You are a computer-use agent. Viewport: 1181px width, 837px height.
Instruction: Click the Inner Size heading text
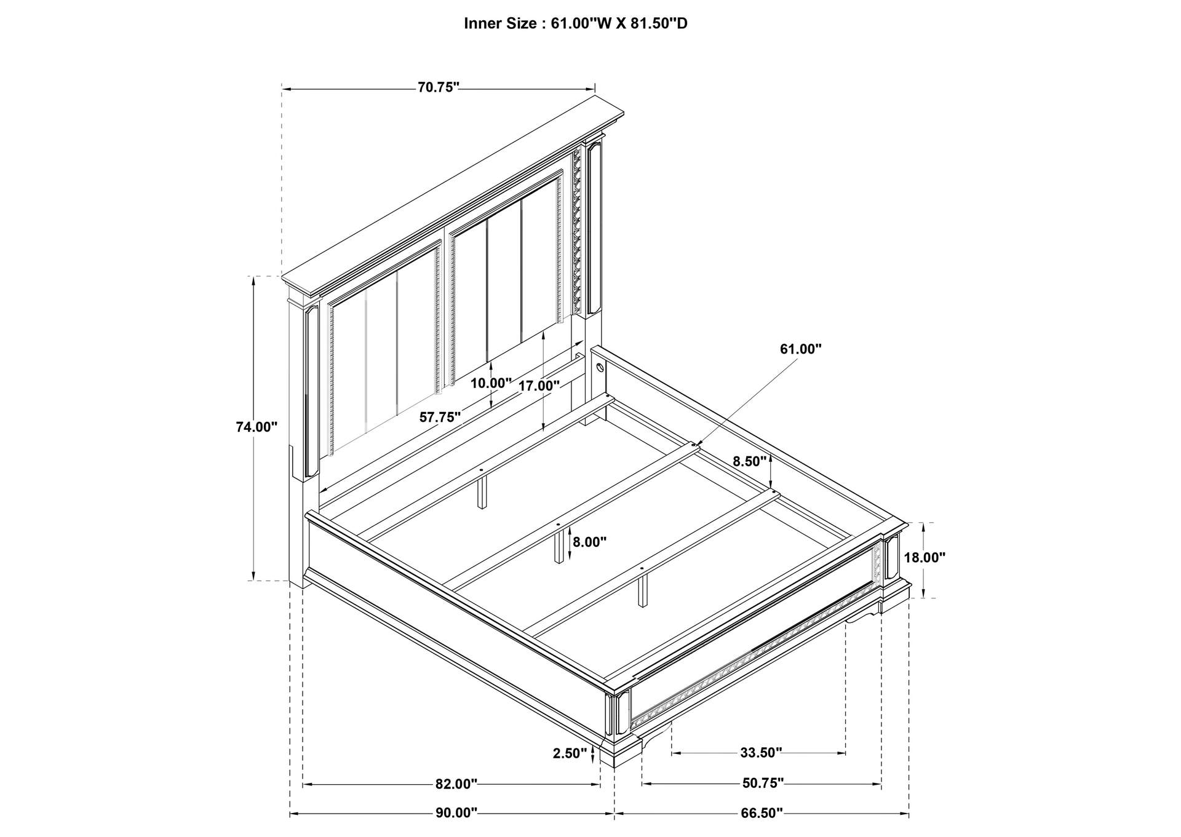pos(575,24)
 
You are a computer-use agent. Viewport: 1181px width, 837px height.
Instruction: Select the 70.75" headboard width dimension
pos(439,87)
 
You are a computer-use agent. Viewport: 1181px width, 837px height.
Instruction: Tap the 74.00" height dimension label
pos(257,427)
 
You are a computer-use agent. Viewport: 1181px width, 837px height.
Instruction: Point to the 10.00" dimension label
pos(491,383)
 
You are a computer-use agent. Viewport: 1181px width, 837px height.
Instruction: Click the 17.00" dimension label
pos(539,386)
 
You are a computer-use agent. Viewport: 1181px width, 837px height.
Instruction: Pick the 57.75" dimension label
pos(440,417)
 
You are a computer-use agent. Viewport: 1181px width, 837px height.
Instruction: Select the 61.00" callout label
pos(801,349)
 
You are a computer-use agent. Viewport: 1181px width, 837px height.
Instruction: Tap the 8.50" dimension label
pos(749,461)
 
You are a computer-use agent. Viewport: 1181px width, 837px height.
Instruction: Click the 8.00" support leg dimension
pos(589,542)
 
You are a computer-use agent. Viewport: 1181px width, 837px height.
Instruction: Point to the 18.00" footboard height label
pos(925,558)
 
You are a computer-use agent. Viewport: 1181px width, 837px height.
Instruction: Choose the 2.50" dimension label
pos(570,753)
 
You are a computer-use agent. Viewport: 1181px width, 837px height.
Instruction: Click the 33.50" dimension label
pos(761,753)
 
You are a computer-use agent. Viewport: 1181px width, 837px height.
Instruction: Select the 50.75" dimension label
pos(763,783)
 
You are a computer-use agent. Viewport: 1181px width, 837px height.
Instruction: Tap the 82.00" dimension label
pos(456,784)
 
